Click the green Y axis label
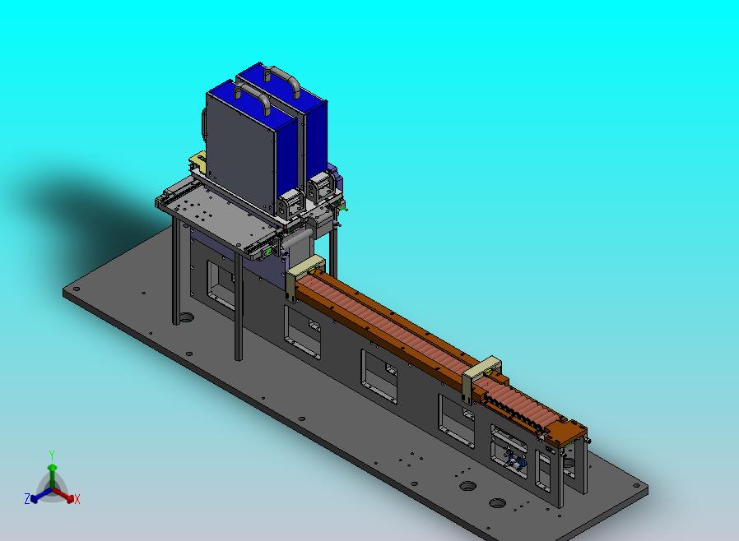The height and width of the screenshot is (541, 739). coord(52,455)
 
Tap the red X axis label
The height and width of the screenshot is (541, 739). coord(77,499)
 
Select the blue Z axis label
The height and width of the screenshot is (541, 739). coord(27,498)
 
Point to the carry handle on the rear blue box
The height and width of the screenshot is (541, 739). coord(281,80)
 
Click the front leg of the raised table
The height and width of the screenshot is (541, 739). coord(238,306)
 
